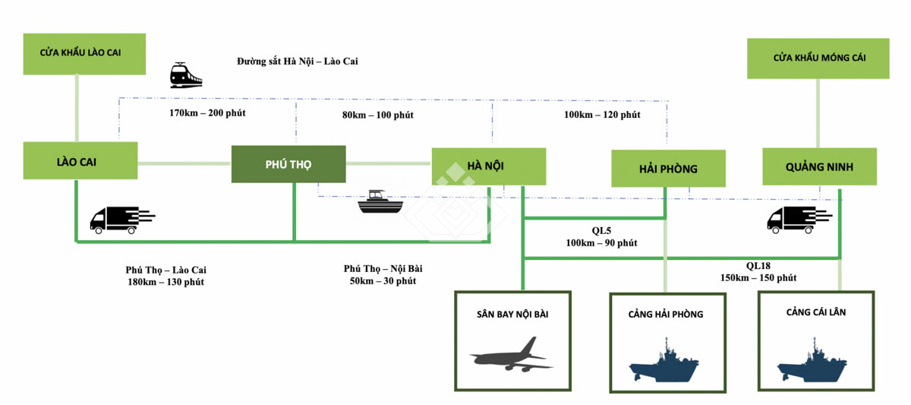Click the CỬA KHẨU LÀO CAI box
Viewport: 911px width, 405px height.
(84, 53)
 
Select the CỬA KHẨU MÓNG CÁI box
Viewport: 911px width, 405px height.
(818, 58)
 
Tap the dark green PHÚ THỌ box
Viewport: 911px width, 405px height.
(288, 164)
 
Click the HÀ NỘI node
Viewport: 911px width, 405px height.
(488, 166)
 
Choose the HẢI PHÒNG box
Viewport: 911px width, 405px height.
(668, 169)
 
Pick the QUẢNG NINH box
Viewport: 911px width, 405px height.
(819, 166)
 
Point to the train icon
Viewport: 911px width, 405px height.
(185, 75)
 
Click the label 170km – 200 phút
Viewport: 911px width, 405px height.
(206, 113)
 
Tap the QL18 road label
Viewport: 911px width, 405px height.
(758, 266)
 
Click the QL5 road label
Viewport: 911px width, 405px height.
(601, 231)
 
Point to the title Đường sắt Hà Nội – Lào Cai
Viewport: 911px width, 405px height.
(297, 61)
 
